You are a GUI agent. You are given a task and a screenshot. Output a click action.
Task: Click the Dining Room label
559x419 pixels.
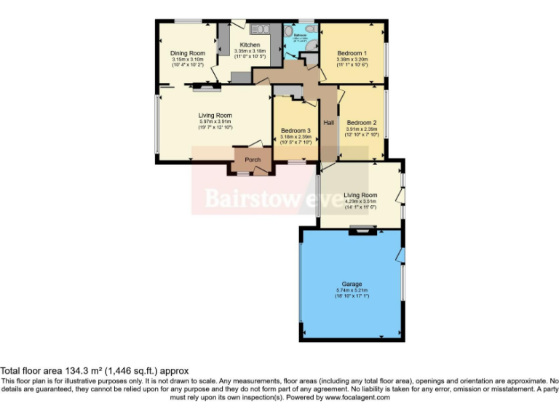(188, 53)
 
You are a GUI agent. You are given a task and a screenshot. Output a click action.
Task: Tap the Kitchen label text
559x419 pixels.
(250, 45)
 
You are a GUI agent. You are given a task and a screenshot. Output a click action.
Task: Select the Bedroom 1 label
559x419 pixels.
(352, 53)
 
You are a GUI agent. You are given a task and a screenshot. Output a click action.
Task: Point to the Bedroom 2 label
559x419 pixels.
(361, 123)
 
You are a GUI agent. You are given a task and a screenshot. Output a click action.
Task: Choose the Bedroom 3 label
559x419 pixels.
(296, 130)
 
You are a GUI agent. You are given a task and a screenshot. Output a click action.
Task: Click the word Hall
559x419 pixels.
(329, 122)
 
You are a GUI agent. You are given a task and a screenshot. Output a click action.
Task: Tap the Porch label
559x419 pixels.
(253, 160)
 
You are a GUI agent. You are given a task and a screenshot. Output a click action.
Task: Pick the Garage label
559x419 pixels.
(352, 284)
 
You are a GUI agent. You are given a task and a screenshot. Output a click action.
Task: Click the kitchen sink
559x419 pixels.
(260, 29)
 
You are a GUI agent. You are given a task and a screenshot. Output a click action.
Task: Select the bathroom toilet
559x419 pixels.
(310, 29)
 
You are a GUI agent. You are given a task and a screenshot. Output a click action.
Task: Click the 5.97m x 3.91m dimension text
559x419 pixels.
(215, 121)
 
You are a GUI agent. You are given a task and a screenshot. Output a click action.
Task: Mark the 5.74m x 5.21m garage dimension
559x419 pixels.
(352, 290)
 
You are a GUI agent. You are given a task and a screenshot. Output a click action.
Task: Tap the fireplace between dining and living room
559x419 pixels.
(205, 89)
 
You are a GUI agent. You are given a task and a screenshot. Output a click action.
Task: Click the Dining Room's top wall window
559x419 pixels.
(188, 21)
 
